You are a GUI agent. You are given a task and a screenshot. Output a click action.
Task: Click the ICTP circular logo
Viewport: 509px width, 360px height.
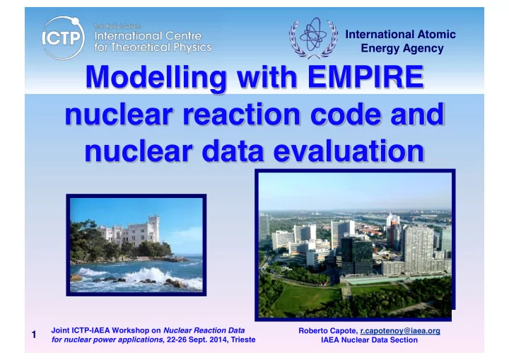coord(62,38)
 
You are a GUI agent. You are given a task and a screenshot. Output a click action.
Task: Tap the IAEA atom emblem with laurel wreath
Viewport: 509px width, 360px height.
coord(313,37)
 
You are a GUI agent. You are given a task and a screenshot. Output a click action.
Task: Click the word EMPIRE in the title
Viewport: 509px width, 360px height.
coord(365,76)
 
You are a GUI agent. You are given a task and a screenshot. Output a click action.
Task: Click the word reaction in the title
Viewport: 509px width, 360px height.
coord(242,114)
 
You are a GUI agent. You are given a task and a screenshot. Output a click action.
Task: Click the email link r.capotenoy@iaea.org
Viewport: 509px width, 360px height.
coord(400,331)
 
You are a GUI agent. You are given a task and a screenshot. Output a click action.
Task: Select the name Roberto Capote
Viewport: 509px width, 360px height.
coord(328,331)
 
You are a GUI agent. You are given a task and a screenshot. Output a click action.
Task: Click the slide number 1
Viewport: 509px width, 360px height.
coord(34,335)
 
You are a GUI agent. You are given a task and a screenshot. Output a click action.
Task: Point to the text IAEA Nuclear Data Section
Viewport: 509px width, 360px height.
coord(369,340)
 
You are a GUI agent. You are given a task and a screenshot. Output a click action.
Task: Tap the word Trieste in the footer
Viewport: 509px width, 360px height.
coord(243,340)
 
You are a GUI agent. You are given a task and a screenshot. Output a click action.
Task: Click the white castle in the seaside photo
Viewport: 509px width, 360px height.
coord(131,231)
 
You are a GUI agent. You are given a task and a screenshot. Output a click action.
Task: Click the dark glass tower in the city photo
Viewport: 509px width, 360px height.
coord(357,255)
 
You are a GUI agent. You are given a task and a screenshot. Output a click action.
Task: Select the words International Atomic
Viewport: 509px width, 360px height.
coord(400,34)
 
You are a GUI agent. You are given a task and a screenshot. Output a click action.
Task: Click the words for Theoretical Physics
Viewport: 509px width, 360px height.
coord(153,47)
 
